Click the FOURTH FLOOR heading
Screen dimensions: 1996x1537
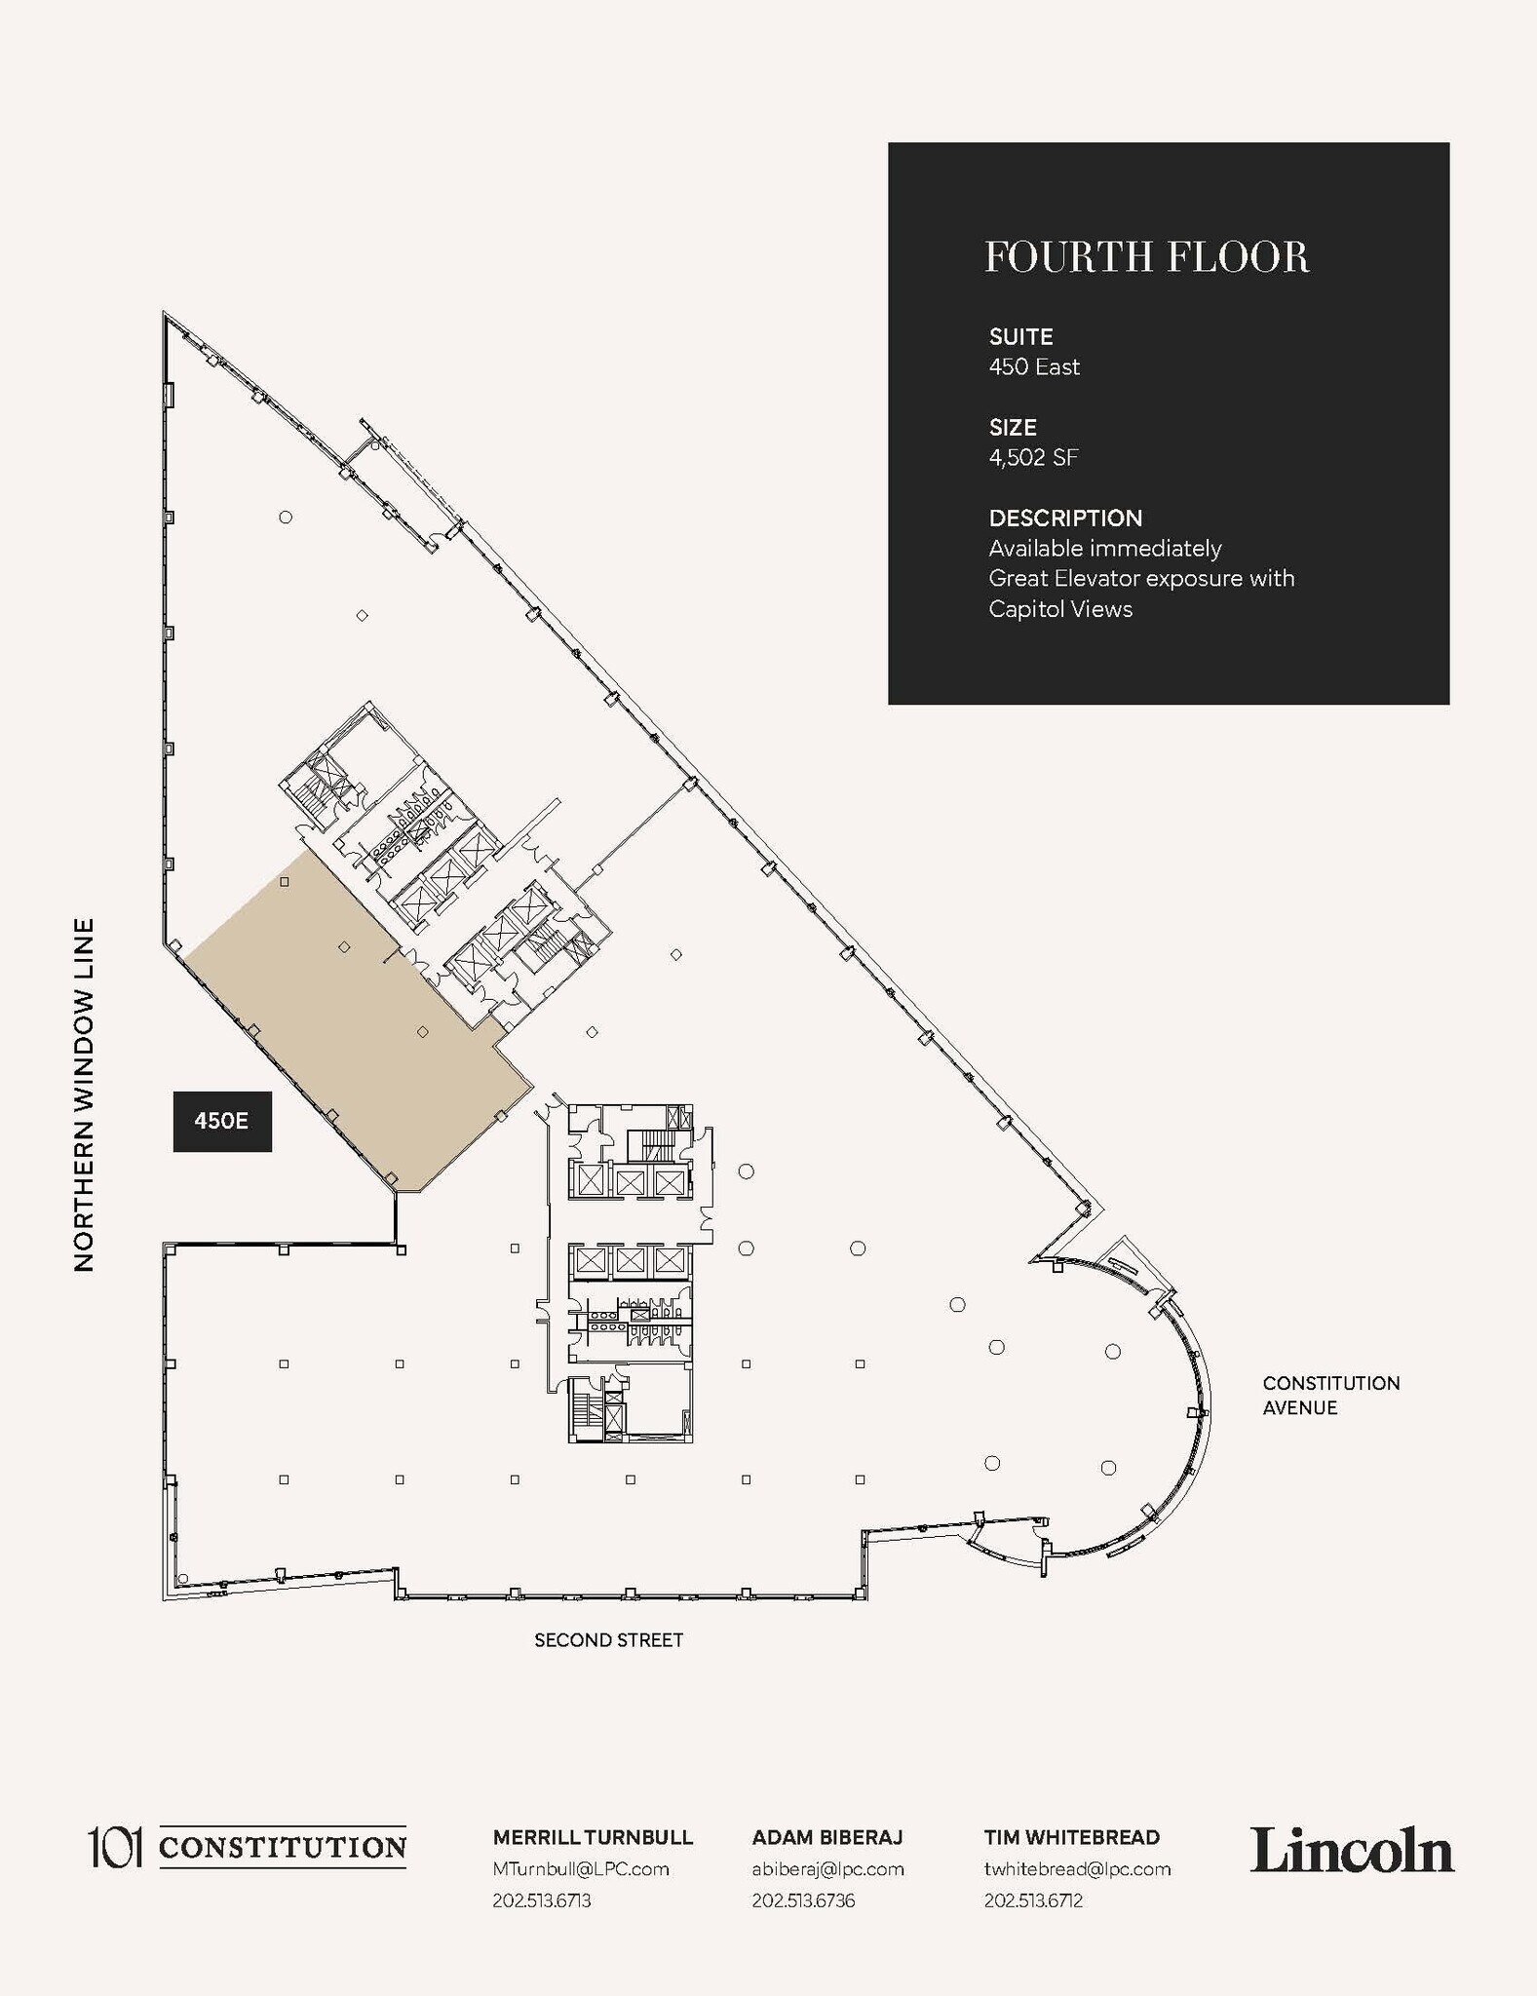click(x=1146, y=257)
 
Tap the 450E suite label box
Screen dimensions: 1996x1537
click(x=222, y=1121)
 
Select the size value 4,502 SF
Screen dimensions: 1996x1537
click(x=1033, y=457)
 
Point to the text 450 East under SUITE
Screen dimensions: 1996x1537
click(x=1034, y=366)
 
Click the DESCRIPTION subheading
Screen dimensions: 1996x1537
click(x=1065, y=518)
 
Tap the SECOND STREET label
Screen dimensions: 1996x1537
click(x=608, y=1640)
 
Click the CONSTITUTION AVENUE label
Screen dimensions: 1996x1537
click(x=1330, y=1395)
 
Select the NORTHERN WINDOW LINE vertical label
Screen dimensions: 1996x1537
click(x=84, y=1094)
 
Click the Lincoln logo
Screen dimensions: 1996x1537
click(x=1352, y=1851)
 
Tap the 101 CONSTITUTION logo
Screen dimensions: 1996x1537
click(x=248, y=1847)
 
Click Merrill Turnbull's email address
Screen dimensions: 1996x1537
click(x=581, y=1868)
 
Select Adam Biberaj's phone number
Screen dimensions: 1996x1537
click(x=803, y=1900)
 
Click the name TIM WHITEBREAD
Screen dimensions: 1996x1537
click(x=1071, y=1837)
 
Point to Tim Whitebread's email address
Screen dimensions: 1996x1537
click(x=1077, y=1868)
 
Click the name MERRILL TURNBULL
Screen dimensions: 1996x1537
click(x=593, y=1837)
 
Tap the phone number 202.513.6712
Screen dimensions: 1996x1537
click(x=1033, y=1900)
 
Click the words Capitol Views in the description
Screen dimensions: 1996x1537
click(x=1060, y=609)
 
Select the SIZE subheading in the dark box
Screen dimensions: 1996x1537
click(x=1013, y=427)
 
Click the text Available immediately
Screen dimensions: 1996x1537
click(x=1104, y=548)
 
